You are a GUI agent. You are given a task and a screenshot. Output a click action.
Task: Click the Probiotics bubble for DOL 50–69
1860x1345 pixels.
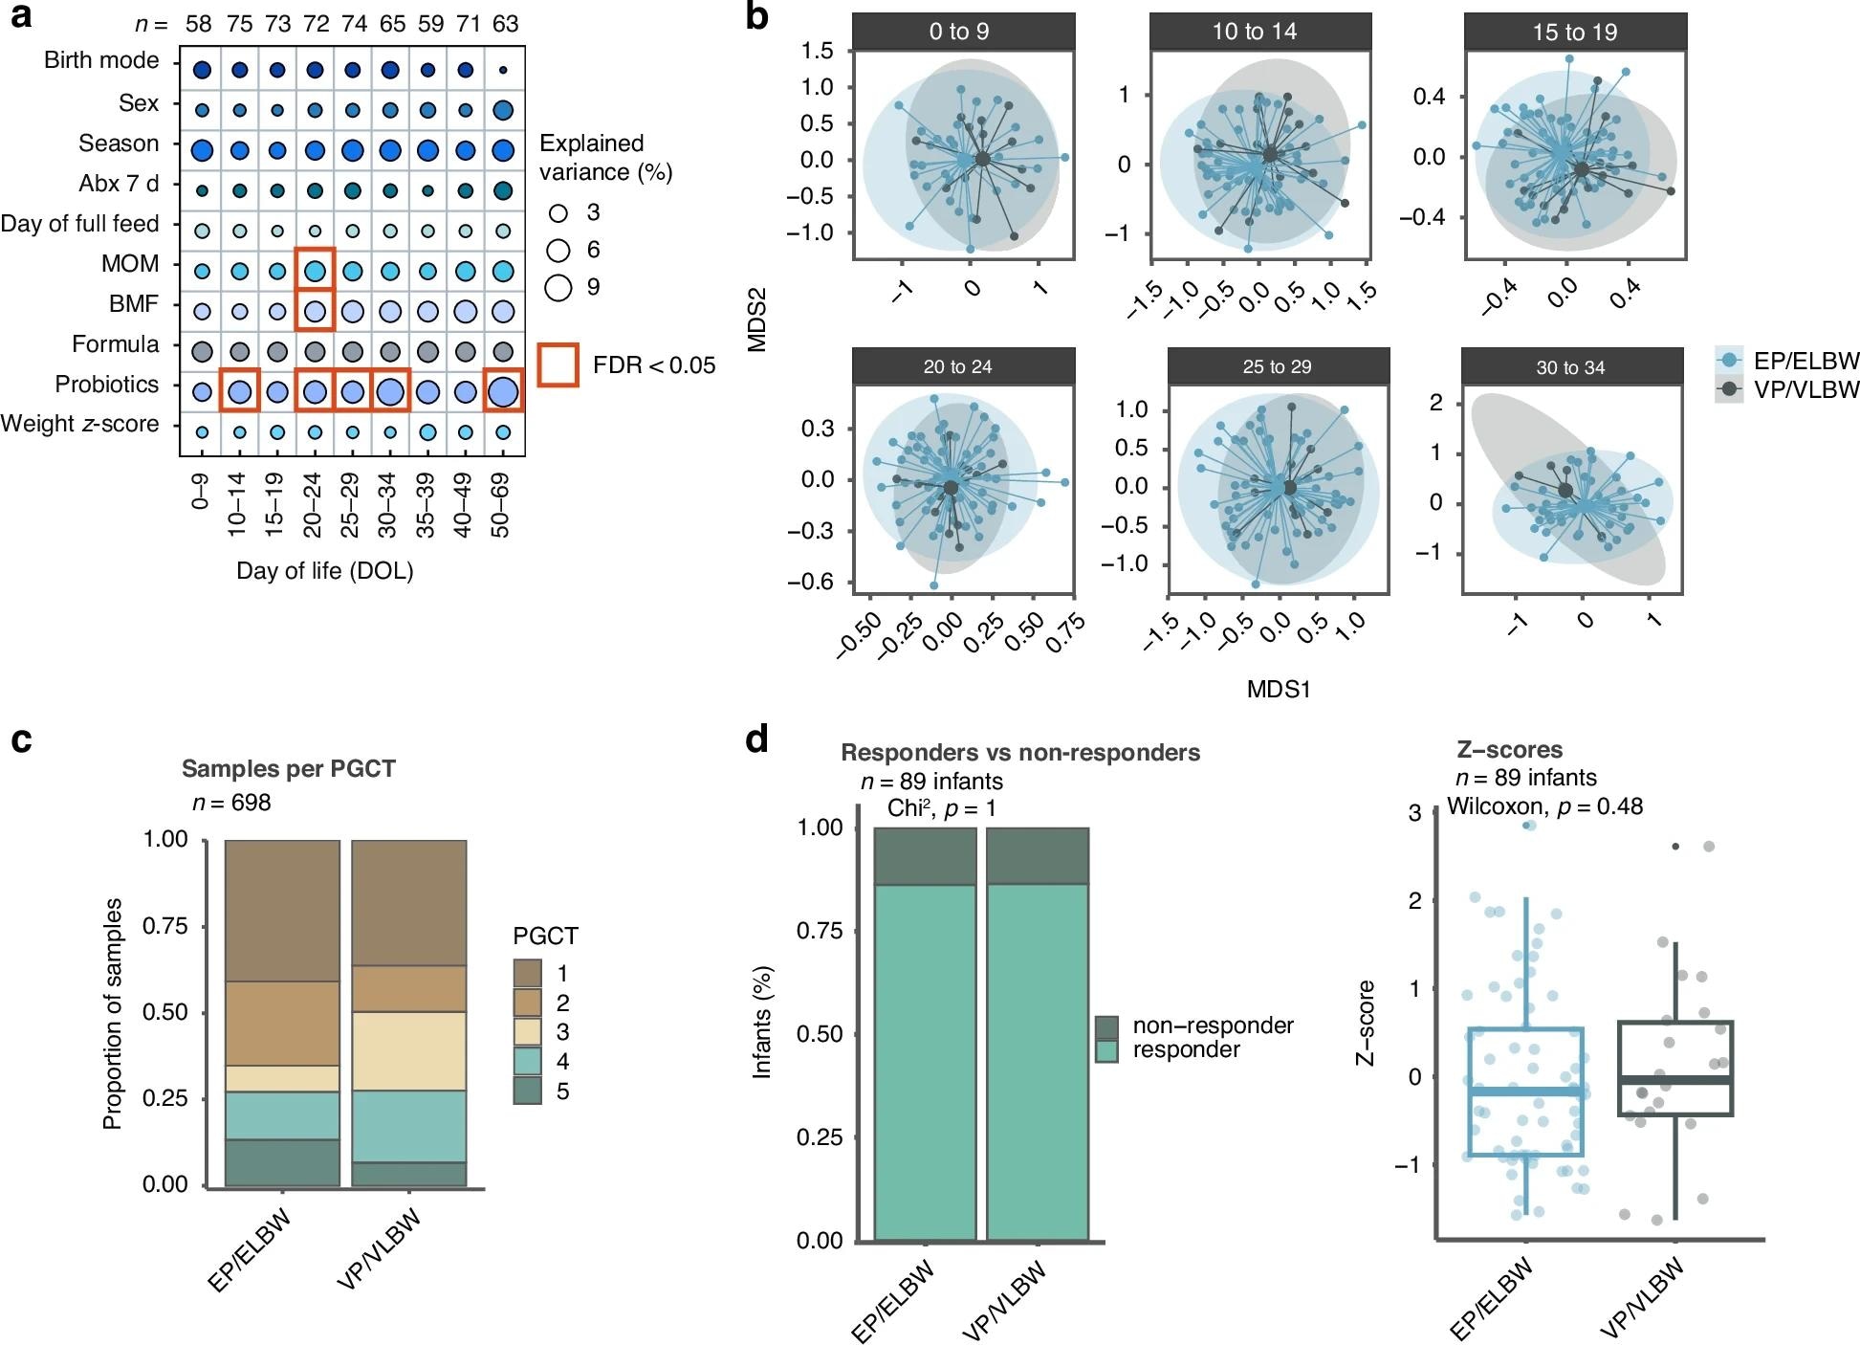click(x=503, y=391)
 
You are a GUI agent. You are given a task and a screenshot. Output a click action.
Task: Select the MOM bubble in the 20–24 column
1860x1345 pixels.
click(x=315, y=272)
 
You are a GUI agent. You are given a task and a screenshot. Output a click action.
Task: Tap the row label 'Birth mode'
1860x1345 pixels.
click(x=101, y=60)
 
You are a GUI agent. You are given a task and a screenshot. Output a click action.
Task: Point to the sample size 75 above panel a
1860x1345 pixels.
click(x=239, y=24)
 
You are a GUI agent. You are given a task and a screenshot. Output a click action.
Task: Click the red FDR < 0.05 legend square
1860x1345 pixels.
click(x=558, y=365)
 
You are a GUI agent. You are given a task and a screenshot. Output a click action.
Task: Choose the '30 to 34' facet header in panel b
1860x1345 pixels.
click(x=1571, y=367)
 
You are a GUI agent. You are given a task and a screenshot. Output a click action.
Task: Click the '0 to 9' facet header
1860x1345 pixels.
click(x=959, y=32)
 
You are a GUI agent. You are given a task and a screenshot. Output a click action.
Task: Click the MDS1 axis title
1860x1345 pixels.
click(x=1278, y=689)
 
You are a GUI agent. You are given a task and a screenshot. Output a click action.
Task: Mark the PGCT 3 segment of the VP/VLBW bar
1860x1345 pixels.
click(x=408, y=1050)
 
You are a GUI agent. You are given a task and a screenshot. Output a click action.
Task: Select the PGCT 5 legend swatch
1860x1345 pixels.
click(x=528, y=1091)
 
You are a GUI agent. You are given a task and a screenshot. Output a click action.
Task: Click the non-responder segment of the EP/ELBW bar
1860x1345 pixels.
click(x=925, y=856)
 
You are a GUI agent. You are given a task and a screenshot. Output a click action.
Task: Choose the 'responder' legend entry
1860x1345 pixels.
click(x=1186, y=1050)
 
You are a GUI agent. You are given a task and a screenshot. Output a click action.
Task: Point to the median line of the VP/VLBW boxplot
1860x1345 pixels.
click(x=1675, y=1080)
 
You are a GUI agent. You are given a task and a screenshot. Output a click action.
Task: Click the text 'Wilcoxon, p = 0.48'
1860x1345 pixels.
click(x=1544, y=806)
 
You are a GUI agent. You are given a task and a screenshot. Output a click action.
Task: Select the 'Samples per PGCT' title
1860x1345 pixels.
click(x=288, y=769)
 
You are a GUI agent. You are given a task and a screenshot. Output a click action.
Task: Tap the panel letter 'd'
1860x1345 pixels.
click(x=757, y=739)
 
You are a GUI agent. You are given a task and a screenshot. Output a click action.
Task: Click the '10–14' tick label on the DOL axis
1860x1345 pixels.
click(x=237, y=504)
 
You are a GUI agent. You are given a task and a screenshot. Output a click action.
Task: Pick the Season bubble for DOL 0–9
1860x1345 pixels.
click(x=202, y=150)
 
